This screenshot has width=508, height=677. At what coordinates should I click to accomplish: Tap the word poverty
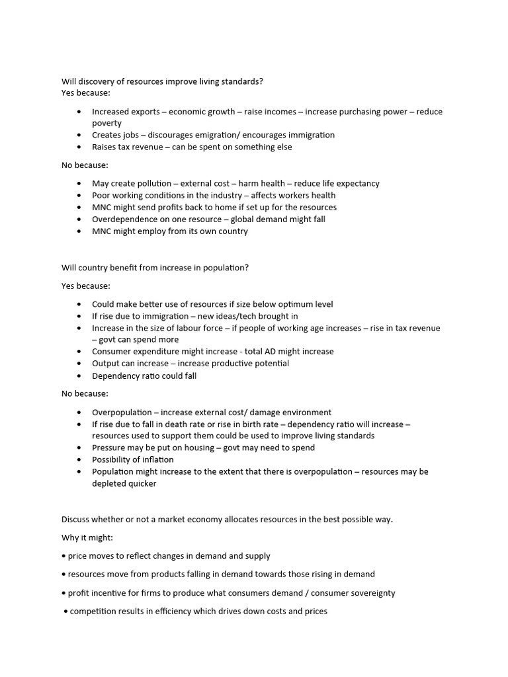coord(106,123)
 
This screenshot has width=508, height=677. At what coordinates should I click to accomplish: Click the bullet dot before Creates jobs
coord(79,135)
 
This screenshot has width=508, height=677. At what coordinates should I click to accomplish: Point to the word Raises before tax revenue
coord(105,147)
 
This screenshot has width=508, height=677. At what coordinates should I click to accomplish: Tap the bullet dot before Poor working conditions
coord(79,195)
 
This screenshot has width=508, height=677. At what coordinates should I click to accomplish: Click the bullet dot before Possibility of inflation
coord(79,459)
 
